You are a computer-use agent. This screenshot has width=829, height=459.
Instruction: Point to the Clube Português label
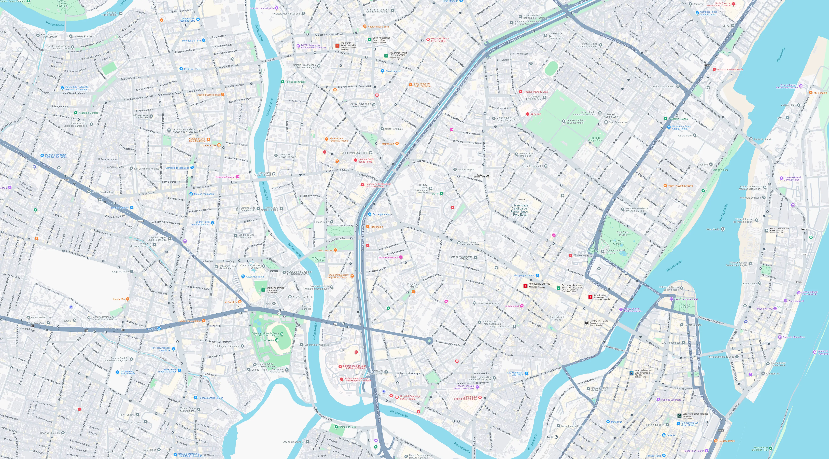click(394, 129)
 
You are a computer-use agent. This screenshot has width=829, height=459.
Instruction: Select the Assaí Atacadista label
click(255, 276)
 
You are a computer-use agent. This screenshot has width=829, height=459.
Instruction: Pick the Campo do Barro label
click(348, 427)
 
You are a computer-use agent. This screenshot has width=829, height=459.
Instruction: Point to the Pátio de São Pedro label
click(671, 400)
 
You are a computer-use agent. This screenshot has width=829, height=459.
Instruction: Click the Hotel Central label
click(512, 306)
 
